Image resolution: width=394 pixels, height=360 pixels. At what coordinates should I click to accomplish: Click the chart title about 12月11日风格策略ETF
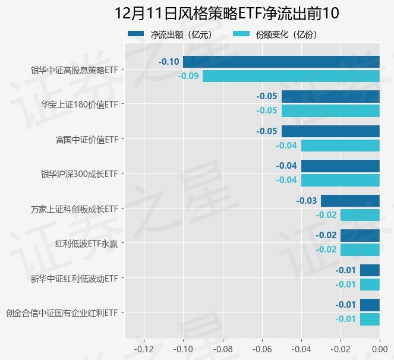point(226,13)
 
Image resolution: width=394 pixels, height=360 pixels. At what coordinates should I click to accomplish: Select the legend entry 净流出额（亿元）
point(172,34)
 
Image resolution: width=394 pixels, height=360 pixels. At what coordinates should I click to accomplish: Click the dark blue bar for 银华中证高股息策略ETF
point(281,62)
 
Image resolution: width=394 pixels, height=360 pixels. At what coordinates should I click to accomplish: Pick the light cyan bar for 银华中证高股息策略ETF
point(291,76)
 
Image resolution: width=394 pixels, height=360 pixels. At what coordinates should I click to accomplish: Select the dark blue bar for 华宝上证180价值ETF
point(330,96)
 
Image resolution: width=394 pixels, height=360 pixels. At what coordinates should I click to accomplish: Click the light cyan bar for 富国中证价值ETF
point(340,146)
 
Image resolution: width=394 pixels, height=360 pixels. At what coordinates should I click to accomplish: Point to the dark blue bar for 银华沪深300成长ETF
point(340,166)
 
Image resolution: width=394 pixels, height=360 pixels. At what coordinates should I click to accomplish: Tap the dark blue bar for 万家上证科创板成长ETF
point(350,201)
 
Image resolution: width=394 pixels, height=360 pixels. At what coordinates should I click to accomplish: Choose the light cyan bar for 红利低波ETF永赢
point(360,250)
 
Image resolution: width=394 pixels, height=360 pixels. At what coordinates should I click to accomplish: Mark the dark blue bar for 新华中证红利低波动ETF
point(370,270)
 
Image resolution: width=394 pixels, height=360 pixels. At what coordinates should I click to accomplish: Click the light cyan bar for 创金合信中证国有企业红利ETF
point(370,319)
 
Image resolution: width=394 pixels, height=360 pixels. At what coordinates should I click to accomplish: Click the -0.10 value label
point(169,62)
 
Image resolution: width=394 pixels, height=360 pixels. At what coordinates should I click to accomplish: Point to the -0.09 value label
point(188,76)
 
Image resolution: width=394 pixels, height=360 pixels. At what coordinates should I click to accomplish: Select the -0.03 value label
point(307,201)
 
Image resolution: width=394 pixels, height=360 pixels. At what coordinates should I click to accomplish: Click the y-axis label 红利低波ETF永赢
point(86,244)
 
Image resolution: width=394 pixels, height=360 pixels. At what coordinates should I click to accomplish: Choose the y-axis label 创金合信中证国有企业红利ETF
point(62,312)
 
